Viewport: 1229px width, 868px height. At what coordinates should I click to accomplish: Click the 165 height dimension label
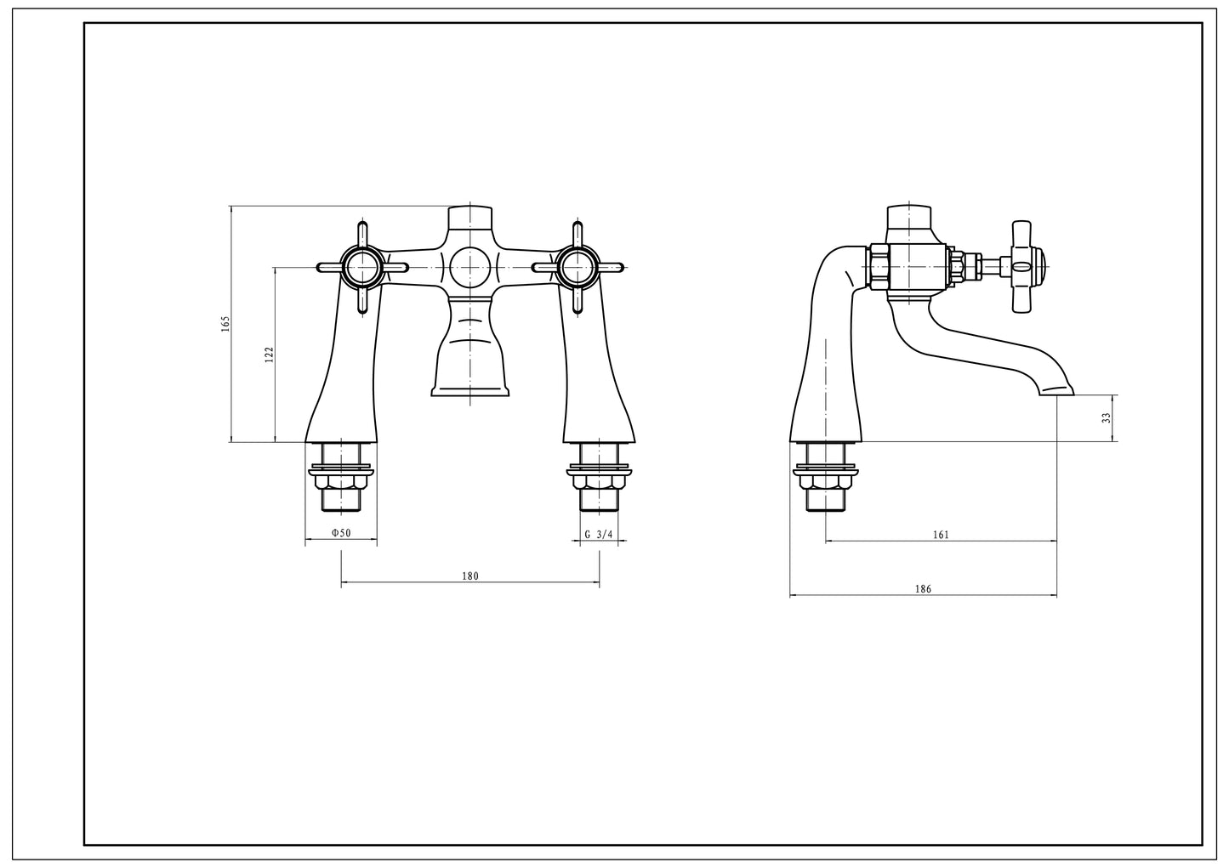click(x=225, y=324)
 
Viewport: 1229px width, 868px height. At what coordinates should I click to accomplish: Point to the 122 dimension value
click(x=269, y=355)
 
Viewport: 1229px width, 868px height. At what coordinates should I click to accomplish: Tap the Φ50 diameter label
click(x=341, y=533)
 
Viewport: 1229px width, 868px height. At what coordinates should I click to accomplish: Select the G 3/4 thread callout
click(x=599, y=534)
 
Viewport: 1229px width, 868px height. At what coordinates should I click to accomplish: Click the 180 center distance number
click(x=470, y=576)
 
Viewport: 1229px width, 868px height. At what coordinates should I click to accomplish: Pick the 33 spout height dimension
click(x=1106, y=417)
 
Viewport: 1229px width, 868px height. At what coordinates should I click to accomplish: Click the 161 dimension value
click(x=941, y=535)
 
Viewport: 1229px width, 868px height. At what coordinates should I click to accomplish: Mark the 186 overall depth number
click(x=924, y=589)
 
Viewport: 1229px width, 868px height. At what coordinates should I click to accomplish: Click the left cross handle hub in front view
click(x=362, y=267)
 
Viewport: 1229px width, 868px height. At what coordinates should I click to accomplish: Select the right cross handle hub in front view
click(x=578, y=267)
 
